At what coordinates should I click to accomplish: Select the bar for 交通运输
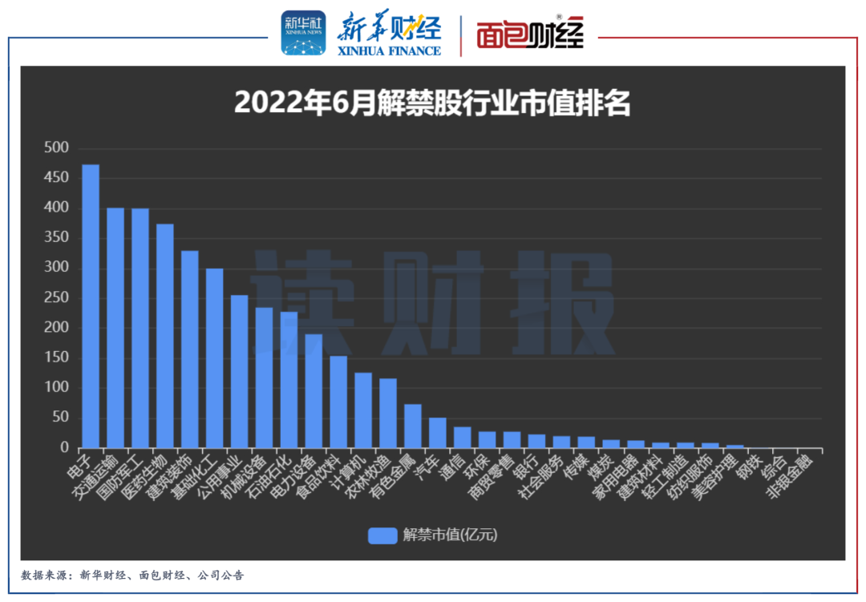point(115,328)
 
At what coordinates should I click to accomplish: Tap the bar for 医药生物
point(165,336)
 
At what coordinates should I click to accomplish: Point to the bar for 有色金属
point(413,426)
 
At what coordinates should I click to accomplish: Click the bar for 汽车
point(438,433)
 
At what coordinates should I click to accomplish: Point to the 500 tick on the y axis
point(57,148)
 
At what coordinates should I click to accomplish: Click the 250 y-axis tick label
point(57,298)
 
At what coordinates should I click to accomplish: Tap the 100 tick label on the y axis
point(57,388)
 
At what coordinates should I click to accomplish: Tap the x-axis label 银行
point(526,466)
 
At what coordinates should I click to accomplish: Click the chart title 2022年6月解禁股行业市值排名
point(432,103)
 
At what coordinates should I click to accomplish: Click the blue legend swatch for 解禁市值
point(382,535)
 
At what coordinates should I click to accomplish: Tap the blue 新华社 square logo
point(303,33)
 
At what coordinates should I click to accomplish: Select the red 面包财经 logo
point(530,34)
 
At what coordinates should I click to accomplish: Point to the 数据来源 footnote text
point(132,576)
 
